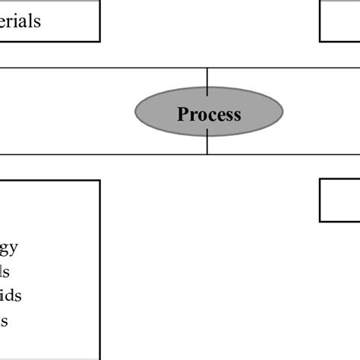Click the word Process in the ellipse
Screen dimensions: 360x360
click(x=209, y=115)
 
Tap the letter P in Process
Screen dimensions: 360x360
click(x=182, y=115)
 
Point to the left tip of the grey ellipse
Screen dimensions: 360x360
click(x=136, y=112)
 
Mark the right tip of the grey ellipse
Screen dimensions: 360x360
click(x=283, y=112)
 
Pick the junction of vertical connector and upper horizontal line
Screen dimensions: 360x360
click(x=207, y=68)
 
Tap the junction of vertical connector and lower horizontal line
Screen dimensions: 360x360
click(x=207, y=154)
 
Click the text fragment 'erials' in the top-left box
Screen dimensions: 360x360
click(x=21, y=21)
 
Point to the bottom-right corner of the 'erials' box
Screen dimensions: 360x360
click(x=99, y=41)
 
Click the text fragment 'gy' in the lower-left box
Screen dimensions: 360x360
click(x=9, y=248)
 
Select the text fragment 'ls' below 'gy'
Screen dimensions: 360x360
click(x=5, y=271)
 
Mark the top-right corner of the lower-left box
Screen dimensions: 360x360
click(x=99, y=181)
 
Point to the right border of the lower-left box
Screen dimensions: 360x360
click(x=99, y=266)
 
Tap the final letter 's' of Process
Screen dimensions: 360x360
click(x=236, y=115)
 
